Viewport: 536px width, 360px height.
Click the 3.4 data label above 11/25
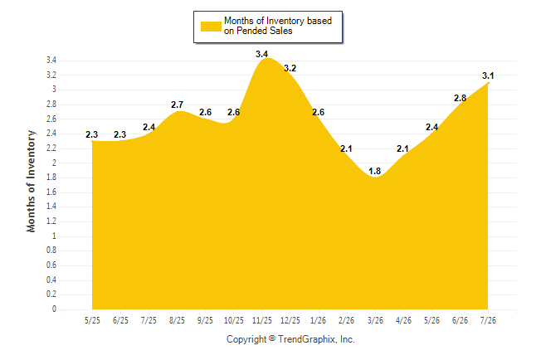tap(262, 54)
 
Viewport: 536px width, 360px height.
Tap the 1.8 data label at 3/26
tap(375, 171)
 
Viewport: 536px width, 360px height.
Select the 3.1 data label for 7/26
tap(488, 75)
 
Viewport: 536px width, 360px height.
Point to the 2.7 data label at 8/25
tap(177, 105)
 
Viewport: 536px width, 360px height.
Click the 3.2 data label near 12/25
tap(290, 68)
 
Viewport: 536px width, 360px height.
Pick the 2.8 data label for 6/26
tap(460, 98)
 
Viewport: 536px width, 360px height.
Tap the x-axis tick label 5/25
tap(92, 320)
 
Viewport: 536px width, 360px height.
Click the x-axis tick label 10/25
tap(233, 320)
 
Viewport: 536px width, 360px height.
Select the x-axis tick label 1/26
tap(319, 320)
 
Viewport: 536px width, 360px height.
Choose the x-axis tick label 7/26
tap(488, 320)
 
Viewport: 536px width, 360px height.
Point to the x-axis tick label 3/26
tap(375, 320)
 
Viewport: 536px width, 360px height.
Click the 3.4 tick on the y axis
tap(51, 61)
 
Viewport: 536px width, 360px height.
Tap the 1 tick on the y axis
tap(54, 236)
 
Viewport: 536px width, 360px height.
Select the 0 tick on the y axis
tap(54, 309)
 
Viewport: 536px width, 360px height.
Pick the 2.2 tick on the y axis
tap(51, 148)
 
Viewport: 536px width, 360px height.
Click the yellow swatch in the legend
tap(211, 27)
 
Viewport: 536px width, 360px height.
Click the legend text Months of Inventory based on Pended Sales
tap(278, 26)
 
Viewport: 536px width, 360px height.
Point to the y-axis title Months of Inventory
tap(31, 181)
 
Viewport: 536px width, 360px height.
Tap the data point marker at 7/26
tap(488, 83)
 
